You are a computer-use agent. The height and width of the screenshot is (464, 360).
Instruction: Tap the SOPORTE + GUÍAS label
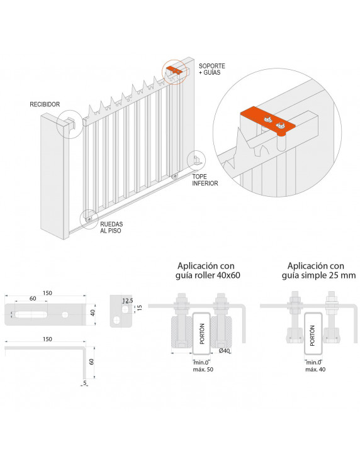point(211,70)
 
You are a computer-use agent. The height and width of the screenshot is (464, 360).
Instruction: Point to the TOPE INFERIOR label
point(205,180)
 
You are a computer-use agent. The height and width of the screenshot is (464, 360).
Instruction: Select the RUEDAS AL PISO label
point(110,227)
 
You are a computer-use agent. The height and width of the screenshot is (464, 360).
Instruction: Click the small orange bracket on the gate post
point(175,71)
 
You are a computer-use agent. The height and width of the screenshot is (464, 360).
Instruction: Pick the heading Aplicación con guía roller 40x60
point(209,270)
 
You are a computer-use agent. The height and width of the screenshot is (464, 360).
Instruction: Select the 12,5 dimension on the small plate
point(128,301)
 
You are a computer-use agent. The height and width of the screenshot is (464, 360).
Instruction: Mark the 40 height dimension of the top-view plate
point(93,312)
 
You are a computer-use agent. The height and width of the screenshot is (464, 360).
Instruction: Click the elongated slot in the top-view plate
point(31,312)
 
